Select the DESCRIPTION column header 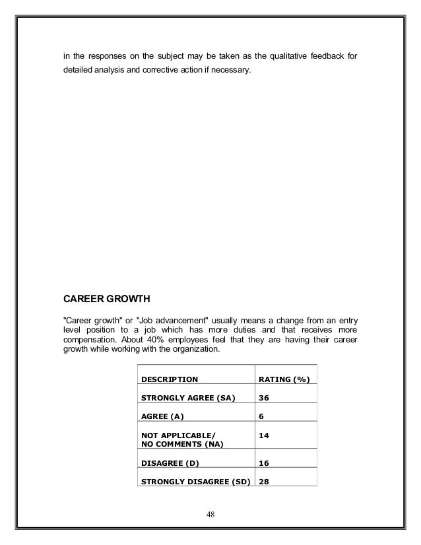[x=170, y=380]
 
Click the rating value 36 [x=264, y=398]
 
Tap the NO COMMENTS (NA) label [x=182, y=444]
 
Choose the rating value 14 [x=264, y=435]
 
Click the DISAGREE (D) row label [x=170, y=463]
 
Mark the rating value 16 [x=264, y=463]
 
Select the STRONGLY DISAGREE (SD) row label [x=196, y=481]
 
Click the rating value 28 [x=264, y=481]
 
